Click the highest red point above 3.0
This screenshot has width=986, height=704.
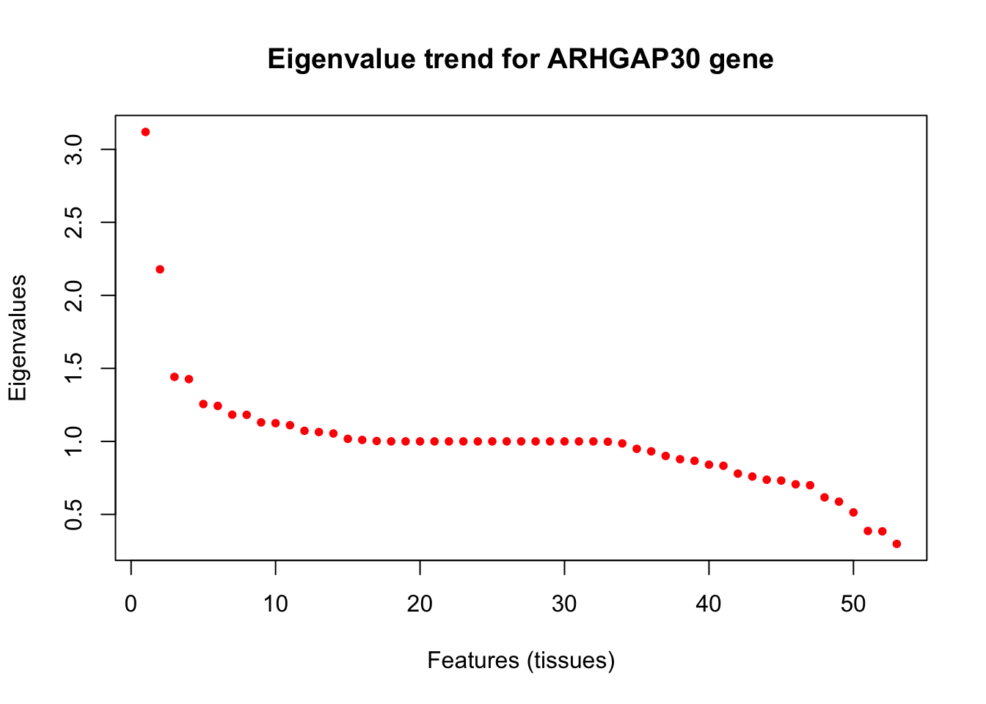pos(146,132)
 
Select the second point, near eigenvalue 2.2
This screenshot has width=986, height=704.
pos(160,269)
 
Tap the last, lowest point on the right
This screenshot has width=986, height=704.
pos(896,544)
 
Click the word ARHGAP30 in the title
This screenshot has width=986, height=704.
pos(624,59)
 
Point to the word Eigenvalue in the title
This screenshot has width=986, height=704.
pos(342,59)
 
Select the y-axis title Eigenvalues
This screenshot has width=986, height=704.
pos(18,338)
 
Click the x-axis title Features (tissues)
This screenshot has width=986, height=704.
pos(521,661)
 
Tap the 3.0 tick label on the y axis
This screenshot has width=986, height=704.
pos(73,150)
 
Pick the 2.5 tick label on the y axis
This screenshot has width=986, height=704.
pos(73,223)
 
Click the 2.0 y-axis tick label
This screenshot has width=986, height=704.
pos(73,296)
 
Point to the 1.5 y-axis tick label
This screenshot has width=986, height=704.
pos(73,368)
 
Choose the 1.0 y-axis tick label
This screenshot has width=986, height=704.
pos(73,441)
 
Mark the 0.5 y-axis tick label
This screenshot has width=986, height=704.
pos(73,514)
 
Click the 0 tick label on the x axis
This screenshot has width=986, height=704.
pos(131,604)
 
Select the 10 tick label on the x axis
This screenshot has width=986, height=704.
pos(276,604)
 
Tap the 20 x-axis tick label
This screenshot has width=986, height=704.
pos(420,604)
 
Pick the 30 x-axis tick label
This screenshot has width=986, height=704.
pos(564,604)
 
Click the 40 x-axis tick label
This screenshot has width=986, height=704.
pos(709,604)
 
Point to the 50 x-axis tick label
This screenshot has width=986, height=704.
pos(853,604)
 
